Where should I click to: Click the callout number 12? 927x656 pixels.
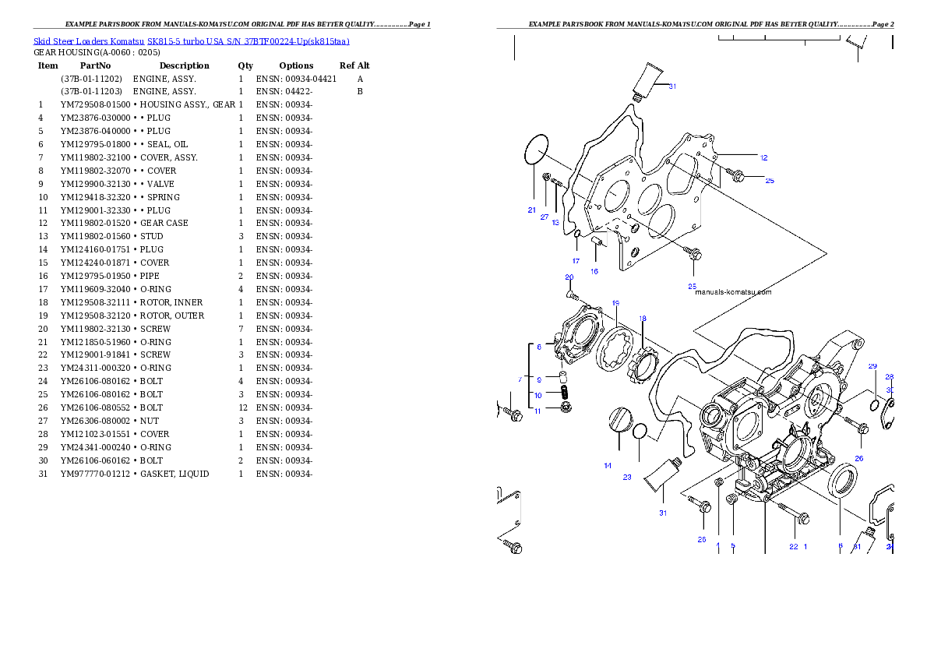coord(763,157)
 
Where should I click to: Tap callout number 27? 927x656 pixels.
coord(545,217)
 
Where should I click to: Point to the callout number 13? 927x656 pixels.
coord(555,223)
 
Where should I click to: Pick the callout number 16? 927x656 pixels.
coord(594,272)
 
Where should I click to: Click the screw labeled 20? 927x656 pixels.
coord(573,294)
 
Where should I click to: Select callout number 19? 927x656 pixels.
coord(615,303)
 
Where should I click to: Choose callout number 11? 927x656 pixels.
coord(537,411)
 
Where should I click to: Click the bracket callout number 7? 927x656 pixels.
coord(520,379)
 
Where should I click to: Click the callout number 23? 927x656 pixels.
coord(626,478)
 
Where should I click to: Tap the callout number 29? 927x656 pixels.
coord(872,366)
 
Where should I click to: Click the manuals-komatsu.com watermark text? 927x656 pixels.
coord(732,293)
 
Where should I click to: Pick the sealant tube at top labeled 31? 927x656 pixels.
coord(648,78)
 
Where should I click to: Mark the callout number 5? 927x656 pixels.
coord(732,547)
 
